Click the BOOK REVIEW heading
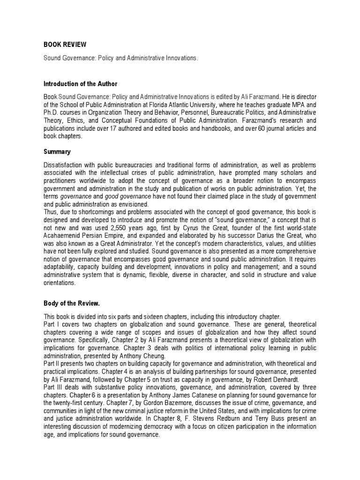tap(65, 45)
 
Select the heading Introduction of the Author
tap(80, 84)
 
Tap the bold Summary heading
tap(57, 152)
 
